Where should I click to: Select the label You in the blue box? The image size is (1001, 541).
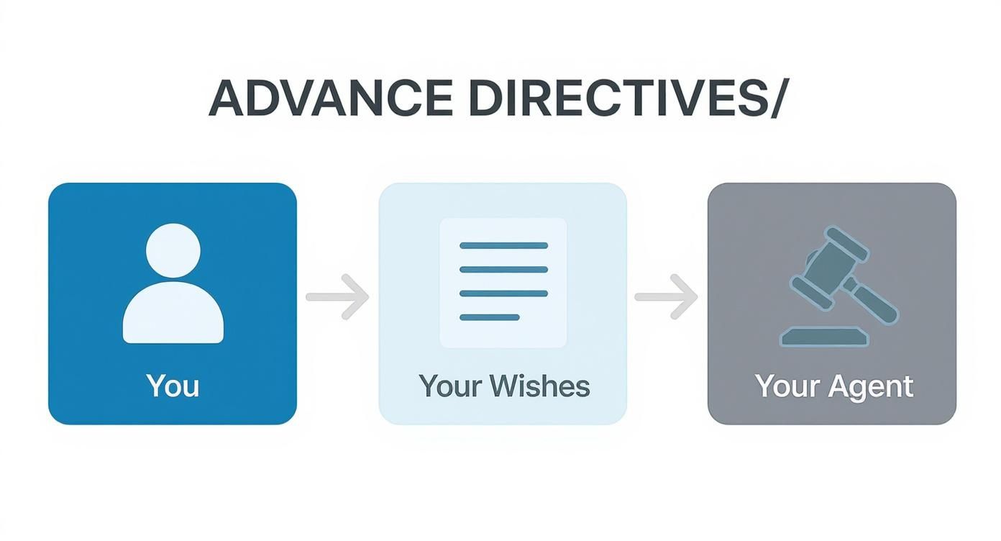tap(173, 386)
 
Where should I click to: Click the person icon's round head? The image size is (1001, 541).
tap(173, 250)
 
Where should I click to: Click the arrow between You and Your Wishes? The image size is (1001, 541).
tap(337, 296)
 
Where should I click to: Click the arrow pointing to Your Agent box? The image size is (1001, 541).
tap(667, 296)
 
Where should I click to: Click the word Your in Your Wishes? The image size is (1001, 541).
tap(449, 386)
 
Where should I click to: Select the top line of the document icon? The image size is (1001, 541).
tap(503, 245)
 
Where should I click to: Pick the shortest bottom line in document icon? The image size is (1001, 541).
tap(489, 317)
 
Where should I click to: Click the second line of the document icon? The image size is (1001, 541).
tap(503, 270)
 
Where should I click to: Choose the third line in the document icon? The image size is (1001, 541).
tap(503, 294)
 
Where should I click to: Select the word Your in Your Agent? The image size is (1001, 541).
tap(787, 387)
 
